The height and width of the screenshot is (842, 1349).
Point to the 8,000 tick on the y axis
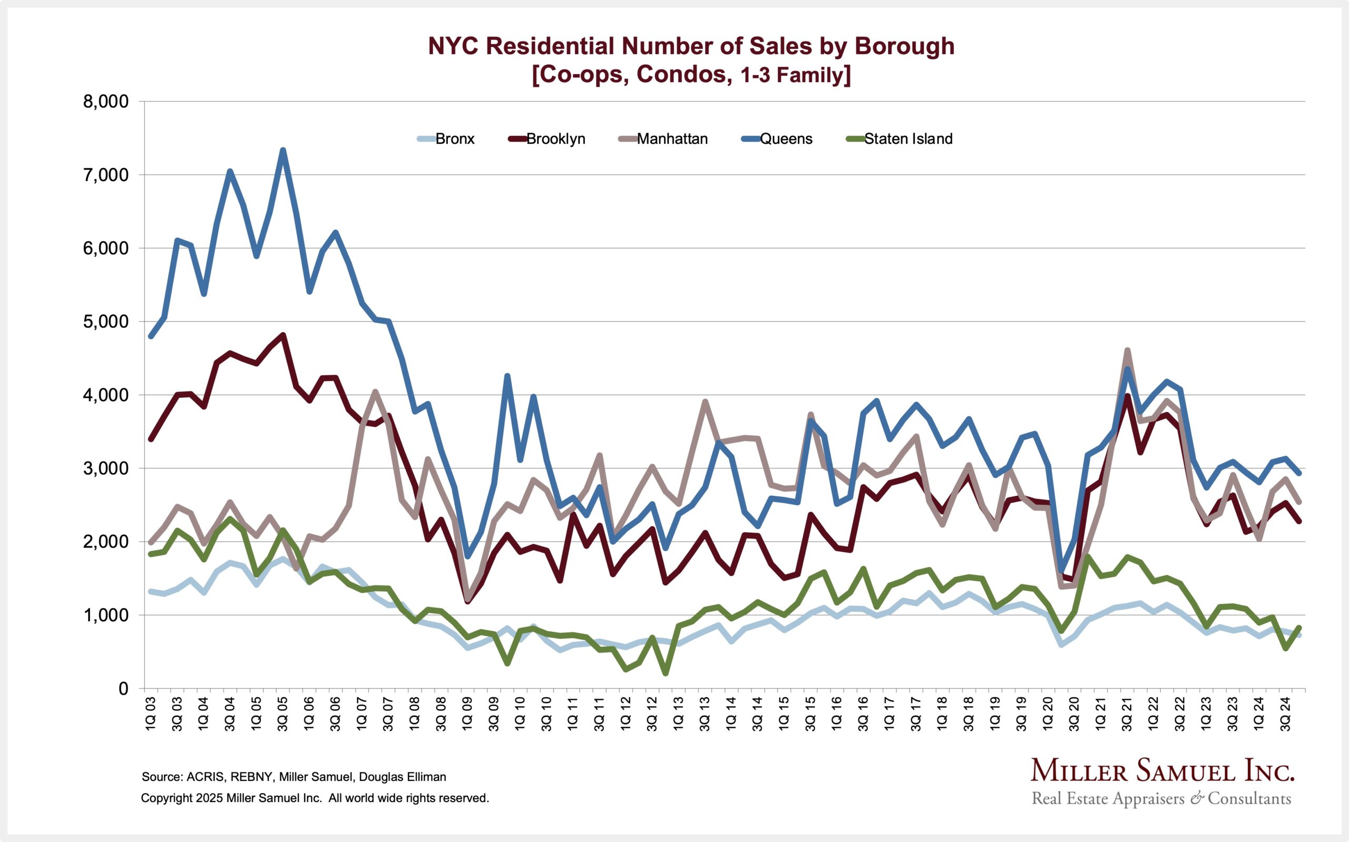coord(106,102)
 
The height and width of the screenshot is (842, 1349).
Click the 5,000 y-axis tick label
coord(106,322)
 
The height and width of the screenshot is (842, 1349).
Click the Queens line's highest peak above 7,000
coord(283,150)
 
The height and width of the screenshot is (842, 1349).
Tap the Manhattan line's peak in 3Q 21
coord(1127,350)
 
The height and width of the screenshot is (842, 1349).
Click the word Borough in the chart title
coord(904,46)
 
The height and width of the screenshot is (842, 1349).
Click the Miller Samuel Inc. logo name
coord(1162,771)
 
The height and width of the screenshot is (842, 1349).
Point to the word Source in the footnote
coord(161,777)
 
